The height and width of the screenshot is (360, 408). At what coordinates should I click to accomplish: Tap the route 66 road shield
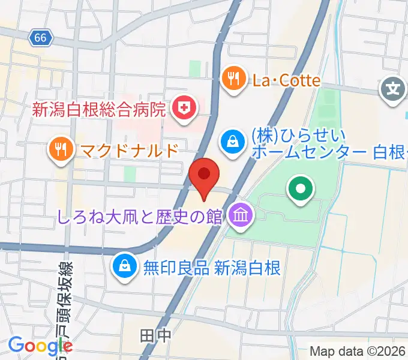coord(40,38)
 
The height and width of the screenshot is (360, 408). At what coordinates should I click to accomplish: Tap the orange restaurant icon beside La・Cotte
coord(232,79)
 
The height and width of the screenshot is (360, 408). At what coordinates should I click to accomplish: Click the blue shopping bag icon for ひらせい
coord(231,142)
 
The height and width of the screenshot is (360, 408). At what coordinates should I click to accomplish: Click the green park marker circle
coord(301,190)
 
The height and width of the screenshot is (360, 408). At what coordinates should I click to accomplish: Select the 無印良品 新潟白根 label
coord(212,267)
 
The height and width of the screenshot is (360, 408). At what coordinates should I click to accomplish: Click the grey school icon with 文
coord(393,91)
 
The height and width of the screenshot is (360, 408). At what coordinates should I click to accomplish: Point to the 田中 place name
coord(155,335)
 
